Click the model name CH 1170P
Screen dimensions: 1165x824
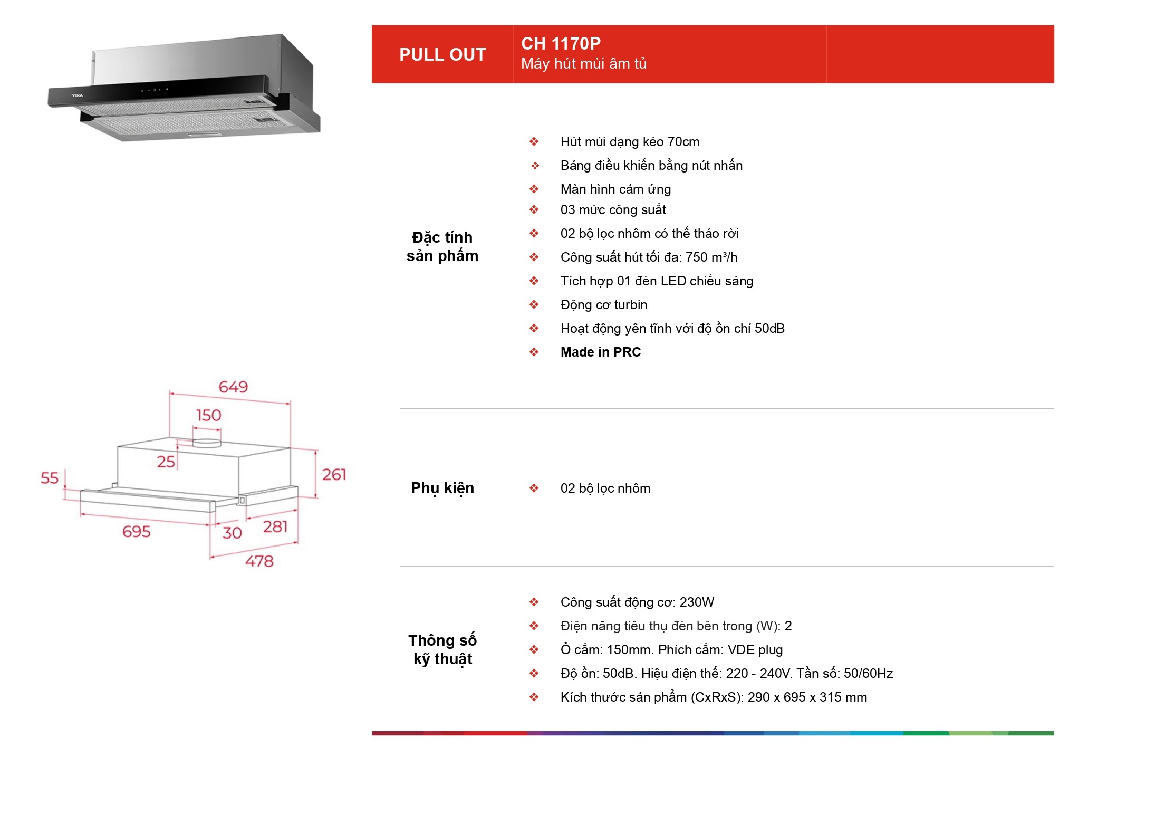click(561, 43)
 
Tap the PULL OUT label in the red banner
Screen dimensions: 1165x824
click(442, 54)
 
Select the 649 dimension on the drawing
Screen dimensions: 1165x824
click(233, 387)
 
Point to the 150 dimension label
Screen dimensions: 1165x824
click(208, 415)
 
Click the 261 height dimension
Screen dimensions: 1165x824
click(334, 474)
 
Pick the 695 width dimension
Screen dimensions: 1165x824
click(136, 531)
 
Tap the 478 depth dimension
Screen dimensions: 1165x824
click(259, 561)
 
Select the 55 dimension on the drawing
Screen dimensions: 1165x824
click(50, 478)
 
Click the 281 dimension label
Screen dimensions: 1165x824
click(275, 526)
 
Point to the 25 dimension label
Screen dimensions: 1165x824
click(166, 462)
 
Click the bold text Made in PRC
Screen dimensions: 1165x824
click(601, 352)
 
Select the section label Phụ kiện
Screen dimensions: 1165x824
click(442, 488)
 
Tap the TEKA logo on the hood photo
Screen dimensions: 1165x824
click(78, 95)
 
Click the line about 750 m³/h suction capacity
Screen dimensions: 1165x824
click(649, 257)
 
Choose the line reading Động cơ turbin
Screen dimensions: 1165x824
click(604, 304)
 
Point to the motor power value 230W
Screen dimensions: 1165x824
click(697, 602)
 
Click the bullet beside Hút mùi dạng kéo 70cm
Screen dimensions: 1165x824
click(534, 141)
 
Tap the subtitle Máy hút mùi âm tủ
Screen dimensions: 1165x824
click(584, 64)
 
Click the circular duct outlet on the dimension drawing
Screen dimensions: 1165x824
click(207, 443)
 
